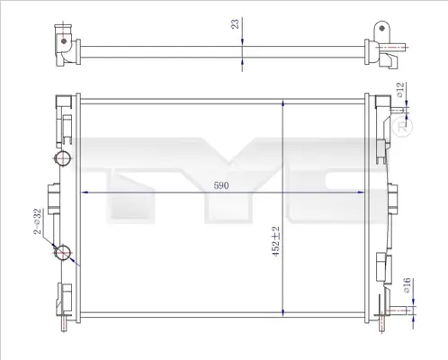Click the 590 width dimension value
[221, 185]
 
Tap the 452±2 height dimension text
[275, 241]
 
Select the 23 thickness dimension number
[235, 23]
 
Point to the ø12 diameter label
[400, 90]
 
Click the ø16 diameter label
[407, 285]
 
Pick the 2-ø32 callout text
[37, 221]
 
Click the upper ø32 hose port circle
[62, 158]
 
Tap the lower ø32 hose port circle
[63, 253]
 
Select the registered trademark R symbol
[402, 127]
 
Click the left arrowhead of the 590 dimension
[85, 193]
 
